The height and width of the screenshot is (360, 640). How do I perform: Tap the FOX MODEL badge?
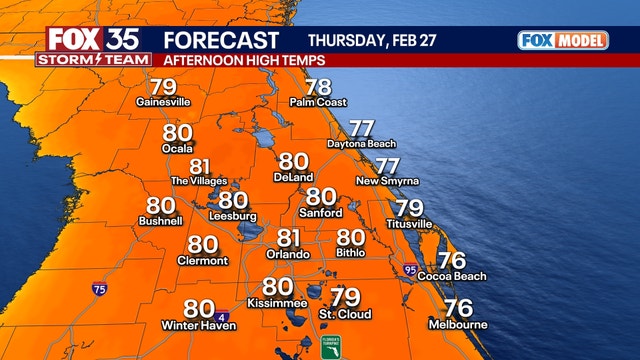tap(563, 40)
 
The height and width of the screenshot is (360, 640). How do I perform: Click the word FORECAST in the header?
tap(221, 41)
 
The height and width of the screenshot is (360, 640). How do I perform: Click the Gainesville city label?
tap(163, 102)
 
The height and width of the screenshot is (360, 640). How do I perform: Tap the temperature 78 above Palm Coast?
tap(318, 87)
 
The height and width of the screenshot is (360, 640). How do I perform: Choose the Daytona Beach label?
tap(361, 144)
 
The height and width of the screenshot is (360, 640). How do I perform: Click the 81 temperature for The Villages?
tap(201, 166)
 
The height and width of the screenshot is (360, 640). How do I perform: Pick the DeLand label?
tap(294, 176)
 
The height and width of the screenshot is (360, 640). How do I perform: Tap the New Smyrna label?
tap(387, 181)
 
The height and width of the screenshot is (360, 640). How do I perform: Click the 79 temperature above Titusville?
tap(408, 208)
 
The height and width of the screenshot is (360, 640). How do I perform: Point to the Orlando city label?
tap(288, 253)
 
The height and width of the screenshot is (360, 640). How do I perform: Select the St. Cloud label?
tap(345, 314)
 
